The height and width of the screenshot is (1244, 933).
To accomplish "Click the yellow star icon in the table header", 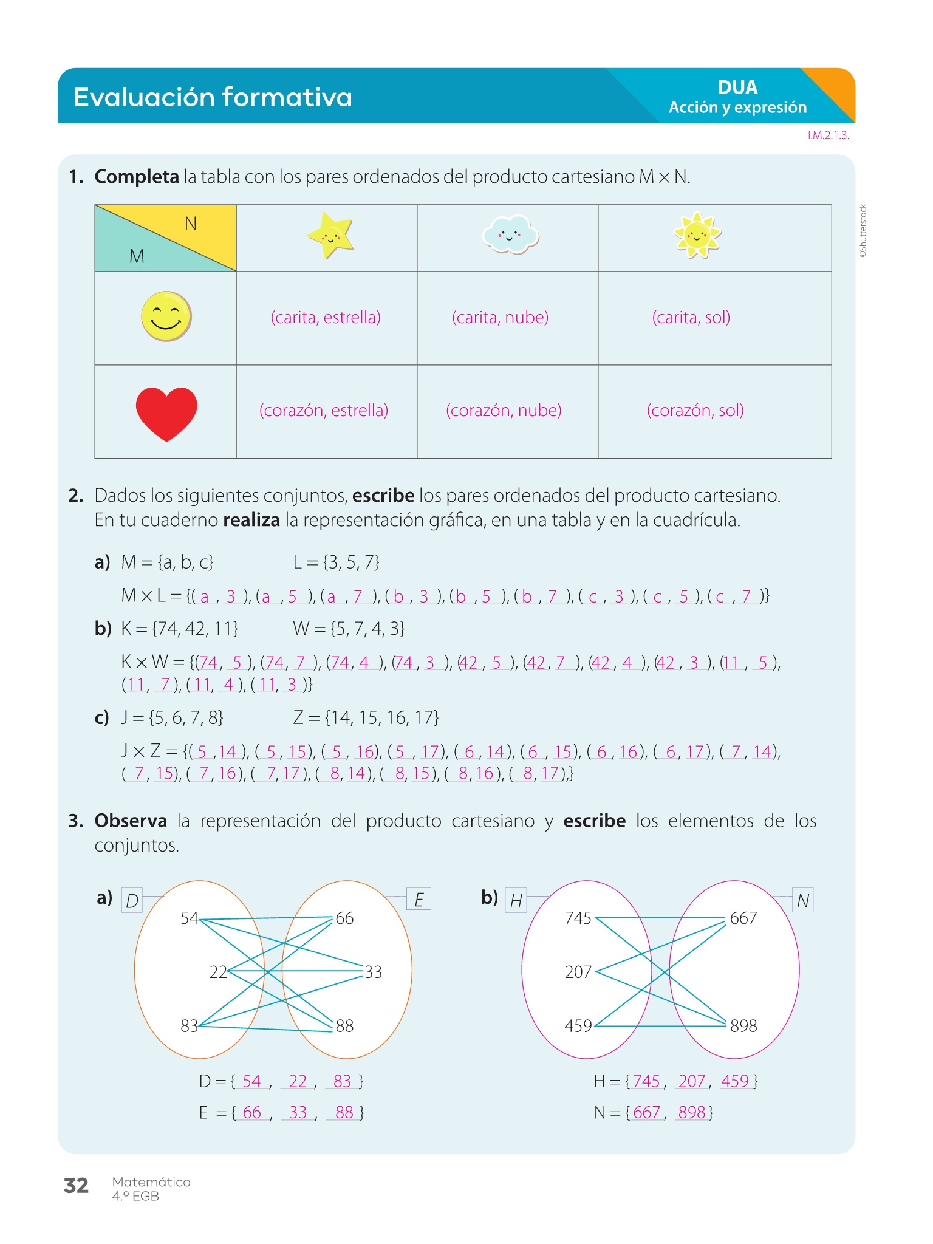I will (330, 235).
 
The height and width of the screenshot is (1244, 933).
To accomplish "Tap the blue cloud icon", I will (510, 234).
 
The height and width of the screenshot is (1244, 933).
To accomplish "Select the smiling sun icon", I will (697, 234).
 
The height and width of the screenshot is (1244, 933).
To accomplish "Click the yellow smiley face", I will (166, 316).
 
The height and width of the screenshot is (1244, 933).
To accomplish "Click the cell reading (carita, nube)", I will (500, 318).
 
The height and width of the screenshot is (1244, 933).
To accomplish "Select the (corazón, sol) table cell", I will (695, 411).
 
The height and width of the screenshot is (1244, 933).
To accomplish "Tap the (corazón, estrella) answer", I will (323, 411).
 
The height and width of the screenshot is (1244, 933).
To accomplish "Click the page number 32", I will (76, 1185).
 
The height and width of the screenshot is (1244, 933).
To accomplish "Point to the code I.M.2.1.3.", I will (828, 135).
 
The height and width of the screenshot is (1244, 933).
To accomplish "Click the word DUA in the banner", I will (737, 87).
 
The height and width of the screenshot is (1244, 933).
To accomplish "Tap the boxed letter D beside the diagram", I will (132, 901).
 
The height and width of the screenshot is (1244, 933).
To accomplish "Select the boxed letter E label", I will (419, 900).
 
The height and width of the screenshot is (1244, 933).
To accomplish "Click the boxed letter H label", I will (516, 901).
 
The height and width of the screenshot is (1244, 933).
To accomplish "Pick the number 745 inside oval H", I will (578, 918).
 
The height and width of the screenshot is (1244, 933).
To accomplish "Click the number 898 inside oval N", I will (743, 1026).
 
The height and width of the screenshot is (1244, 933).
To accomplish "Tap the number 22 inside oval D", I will (218, 972).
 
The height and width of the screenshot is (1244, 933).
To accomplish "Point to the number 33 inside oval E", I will (373, 972).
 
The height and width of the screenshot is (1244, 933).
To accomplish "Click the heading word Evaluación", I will (142, 97).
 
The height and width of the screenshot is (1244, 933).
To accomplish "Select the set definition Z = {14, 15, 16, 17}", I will (366, 718).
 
